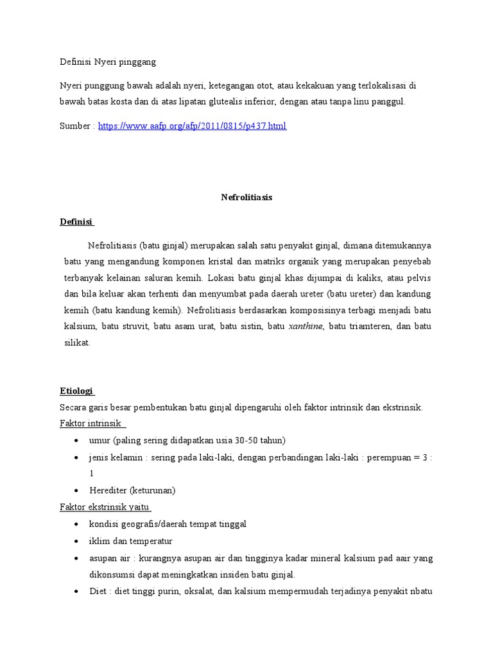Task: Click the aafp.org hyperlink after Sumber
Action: (192, 126)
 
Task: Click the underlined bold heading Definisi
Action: (76, 222)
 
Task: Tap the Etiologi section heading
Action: (76, 391)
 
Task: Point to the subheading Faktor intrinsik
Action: (92, 424)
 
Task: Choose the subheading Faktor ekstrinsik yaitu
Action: (105, 508)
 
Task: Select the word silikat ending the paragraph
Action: (77, 343)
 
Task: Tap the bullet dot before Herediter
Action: (77, 491)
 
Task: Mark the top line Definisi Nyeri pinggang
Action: (108, 62)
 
